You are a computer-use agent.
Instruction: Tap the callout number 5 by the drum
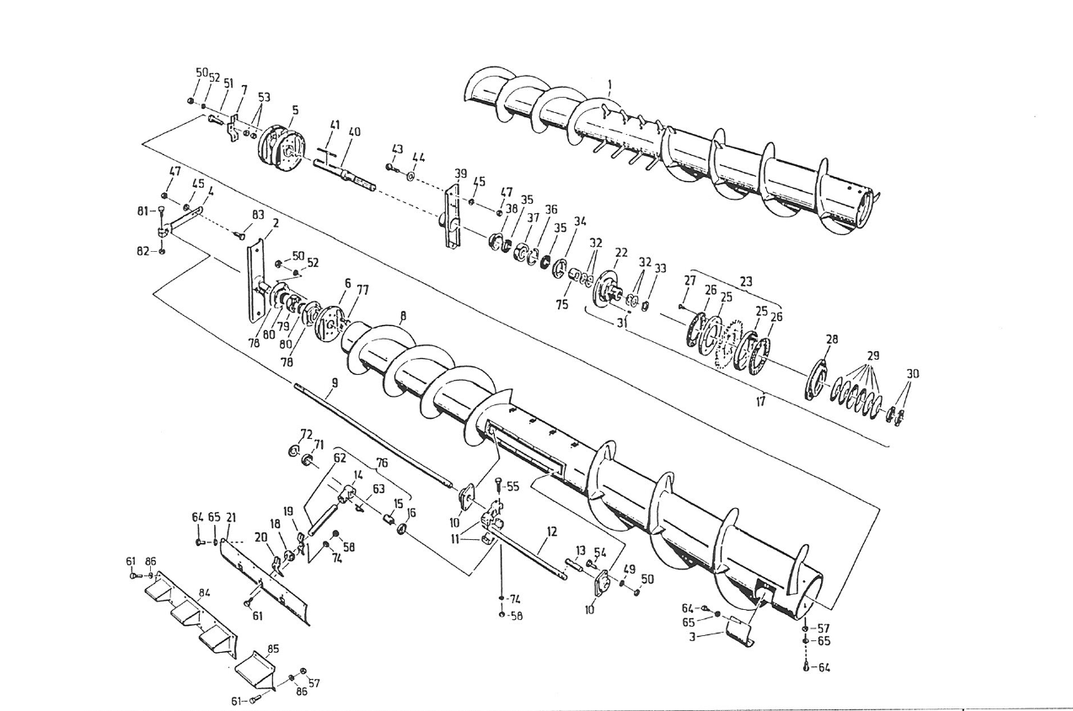pos(295,110)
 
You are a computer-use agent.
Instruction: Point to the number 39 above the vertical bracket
pos(460,174)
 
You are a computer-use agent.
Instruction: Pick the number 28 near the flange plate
pos(832,339)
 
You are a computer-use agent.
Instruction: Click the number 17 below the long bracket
pos(760,402)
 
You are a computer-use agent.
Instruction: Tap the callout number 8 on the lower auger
pos(403,316)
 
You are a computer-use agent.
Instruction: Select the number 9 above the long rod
pos(334,382)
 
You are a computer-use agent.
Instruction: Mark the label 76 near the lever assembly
pos(382,462)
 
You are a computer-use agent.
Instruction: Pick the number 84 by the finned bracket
pos(203,593)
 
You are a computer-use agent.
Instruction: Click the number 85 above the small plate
pos(272,649)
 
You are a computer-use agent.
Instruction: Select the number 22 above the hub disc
pos(621,252)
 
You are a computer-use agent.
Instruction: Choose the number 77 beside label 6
pos(362,288)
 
